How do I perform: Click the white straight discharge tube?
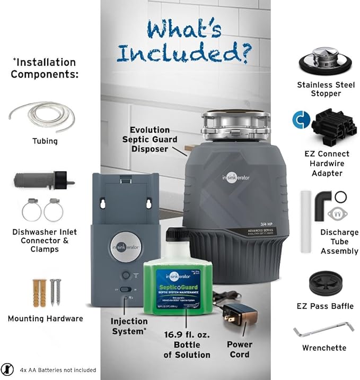click(x=305, y=210)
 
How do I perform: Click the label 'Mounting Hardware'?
click(x=45, y=318)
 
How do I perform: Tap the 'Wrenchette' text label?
click(x=324, y=348)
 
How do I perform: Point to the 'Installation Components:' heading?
click(x=43, y=68)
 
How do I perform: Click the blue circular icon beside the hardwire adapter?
click(x=300, y=120)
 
